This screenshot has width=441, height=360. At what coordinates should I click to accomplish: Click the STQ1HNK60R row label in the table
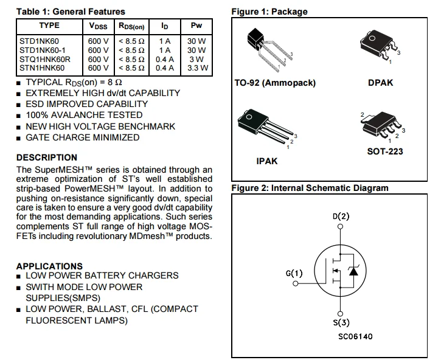45,60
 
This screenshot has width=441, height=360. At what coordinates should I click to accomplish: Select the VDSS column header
98,26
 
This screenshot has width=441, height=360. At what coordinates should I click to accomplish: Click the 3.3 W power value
197,68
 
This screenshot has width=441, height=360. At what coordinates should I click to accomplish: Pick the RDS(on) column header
131,26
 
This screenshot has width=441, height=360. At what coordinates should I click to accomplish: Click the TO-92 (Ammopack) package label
275,83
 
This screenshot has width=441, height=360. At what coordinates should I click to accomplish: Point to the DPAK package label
380,83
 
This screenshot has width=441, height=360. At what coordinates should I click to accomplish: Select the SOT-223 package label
384,151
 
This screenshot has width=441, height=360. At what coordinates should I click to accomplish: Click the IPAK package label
268,162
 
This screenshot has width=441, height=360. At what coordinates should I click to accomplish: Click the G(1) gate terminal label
293,273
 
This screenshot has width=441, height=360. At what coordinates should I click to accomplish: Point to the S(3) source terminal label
341,323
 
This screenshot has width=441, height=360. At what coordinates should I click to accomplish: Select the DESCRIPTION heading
47,157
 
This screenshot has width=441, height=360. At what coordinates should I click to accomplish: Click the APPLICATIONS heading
49,266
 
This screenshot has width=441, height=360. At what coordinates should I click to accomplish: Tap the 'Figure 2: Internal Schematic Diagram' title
310,188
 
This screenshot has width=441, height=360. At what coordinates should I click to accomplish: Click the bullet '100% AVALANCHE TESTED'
84,115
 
